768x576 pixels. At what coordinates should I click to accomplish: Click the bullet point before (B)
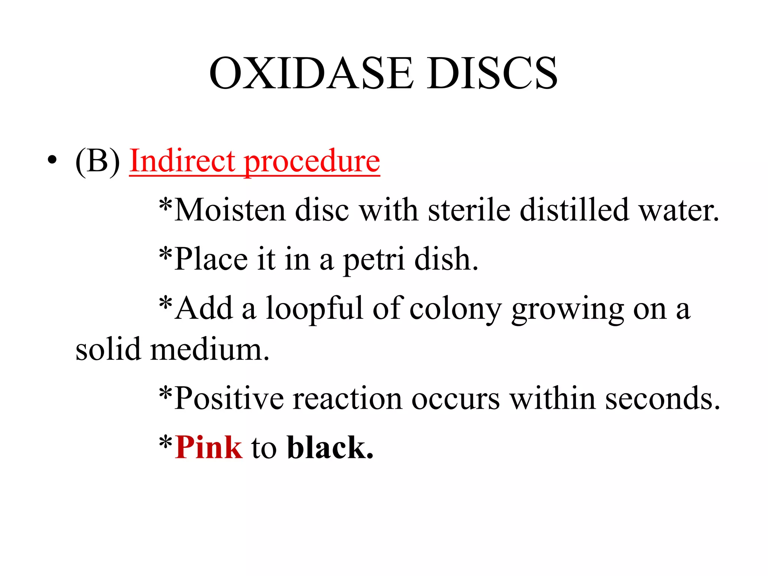click(x=52, y=160)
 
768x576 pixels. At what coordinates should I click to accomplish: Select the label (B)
click(x=97, y=160)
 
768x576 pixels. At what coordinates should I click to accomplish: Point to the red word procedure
click(x=312, y=162)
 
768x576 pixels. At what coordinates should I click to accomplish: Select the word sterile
click(x=469, y=210)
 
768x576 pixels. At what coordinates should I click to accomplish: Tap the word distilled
click(x=574, y=210)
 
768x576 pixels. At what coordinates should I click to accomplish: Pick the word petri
click(x=374, y=259)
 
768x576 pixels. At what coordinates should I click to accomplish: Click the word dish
click(x=446, y=259)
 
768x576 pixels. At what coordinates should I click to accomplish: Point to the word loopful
click(x=315, y=309)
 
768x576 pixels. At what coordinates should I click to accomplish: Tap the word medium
click(x=210, y=349)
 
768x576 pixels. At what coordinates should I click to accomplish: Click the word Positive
click(x=229, y=398)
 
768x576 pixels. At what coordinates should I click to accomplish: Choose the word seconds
click(x=663, y=398)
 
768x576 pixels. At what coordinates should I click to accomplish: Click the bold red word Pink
click(x=208, y=447)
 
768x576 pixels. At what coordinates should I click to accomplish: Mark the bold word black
click(x=330, y=447)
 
